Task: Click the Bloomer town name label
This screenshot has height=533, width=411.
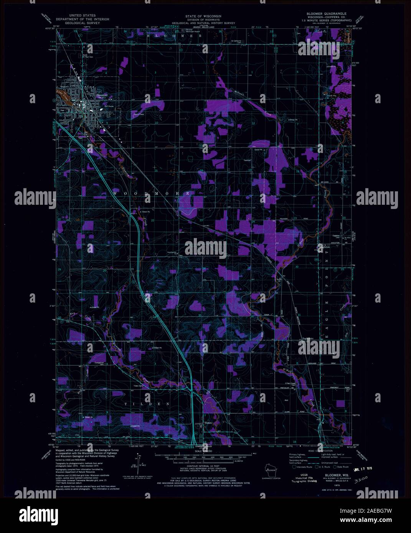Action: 102,95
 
